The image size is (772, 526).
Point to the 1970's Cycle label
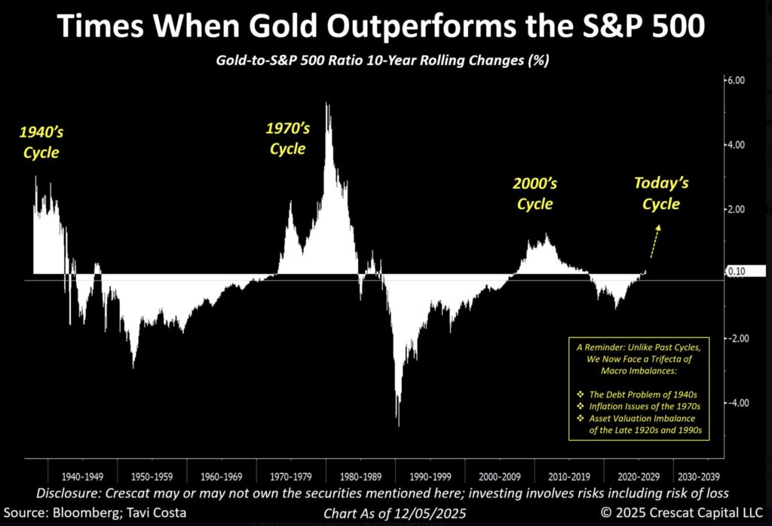(287, 138)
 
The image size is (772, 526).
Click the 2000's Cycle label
(535, 194)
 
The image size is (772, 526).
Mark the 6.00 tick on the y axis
(735, 80)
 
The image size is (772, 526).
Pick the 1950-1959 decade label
(153, 477)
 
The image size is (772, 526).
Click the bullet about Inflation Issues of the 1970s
(637, 405)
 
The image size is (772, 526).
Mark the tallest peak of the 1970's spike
(326, 105)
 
